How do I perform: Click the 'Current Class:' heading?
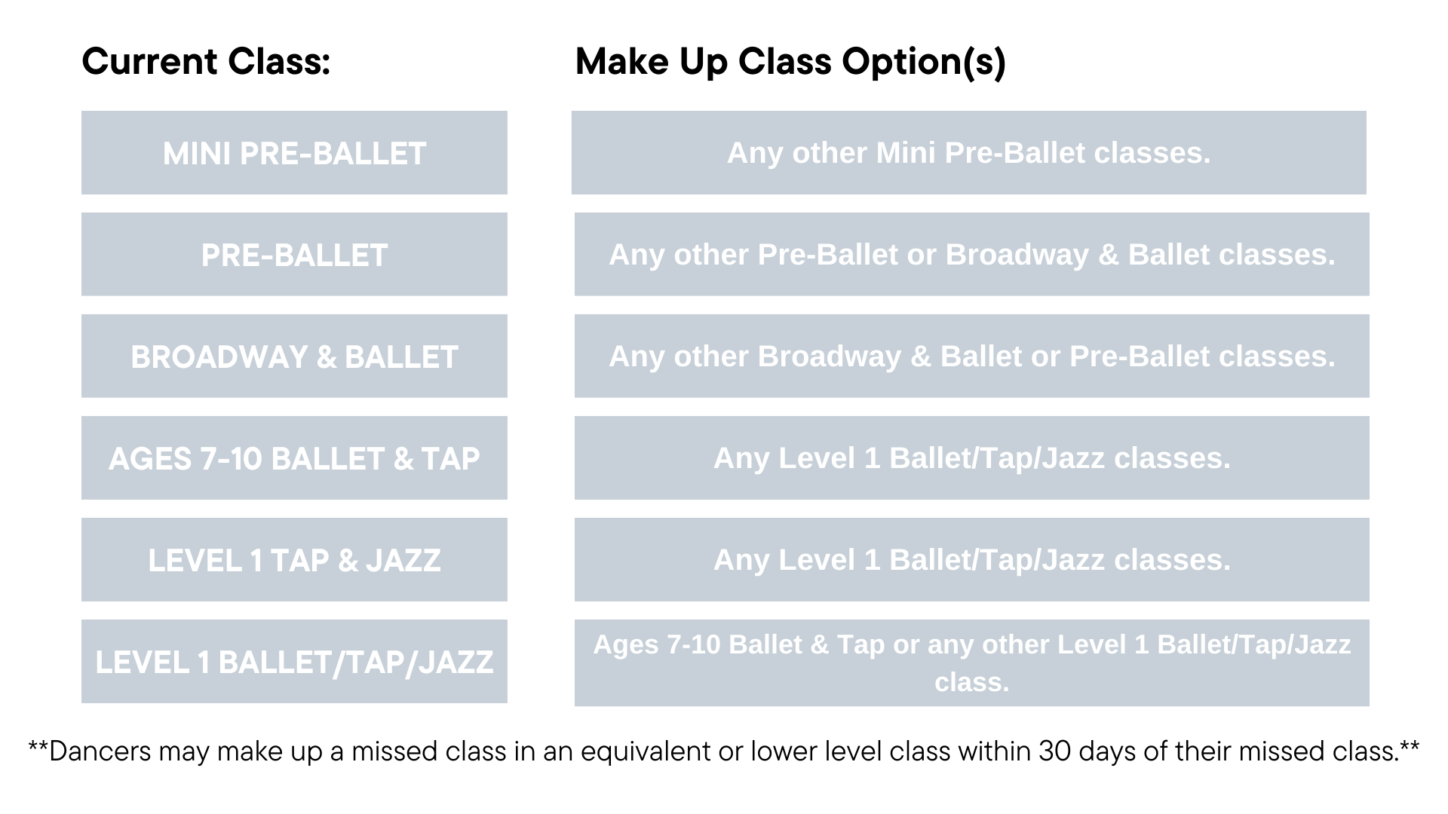click(206, 61)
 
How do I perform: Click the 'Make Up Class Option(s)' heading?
click(790, 63)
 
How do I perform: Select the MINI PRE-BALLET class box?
click(294, 153)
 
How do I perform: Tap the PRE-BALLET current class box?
click(294, 255)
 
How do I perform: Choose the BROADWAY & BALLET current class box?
click(294, 357)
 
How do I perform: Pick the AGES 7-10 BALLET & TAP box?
click(294, 458)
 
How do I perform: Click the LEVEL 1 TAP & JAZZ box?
click(294, 560)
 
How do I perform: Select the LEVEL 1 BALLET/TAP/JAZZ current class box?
click(294, 662)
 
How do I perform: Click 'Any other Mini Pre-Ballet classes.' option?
click(969, 153)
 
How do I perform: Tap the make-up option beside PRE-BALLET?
click(972, 255)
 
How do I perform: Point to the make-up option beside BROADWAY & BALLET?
click(972, 357)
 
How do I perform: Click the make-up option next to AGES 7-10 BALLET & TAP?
click(972, 458)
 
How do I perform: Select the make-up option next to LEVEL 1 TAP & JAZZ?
click(972, 560)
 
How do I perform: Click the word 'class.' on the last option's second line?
click(971, 682)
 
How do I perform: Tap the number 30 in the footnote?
click(1054, 751)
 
